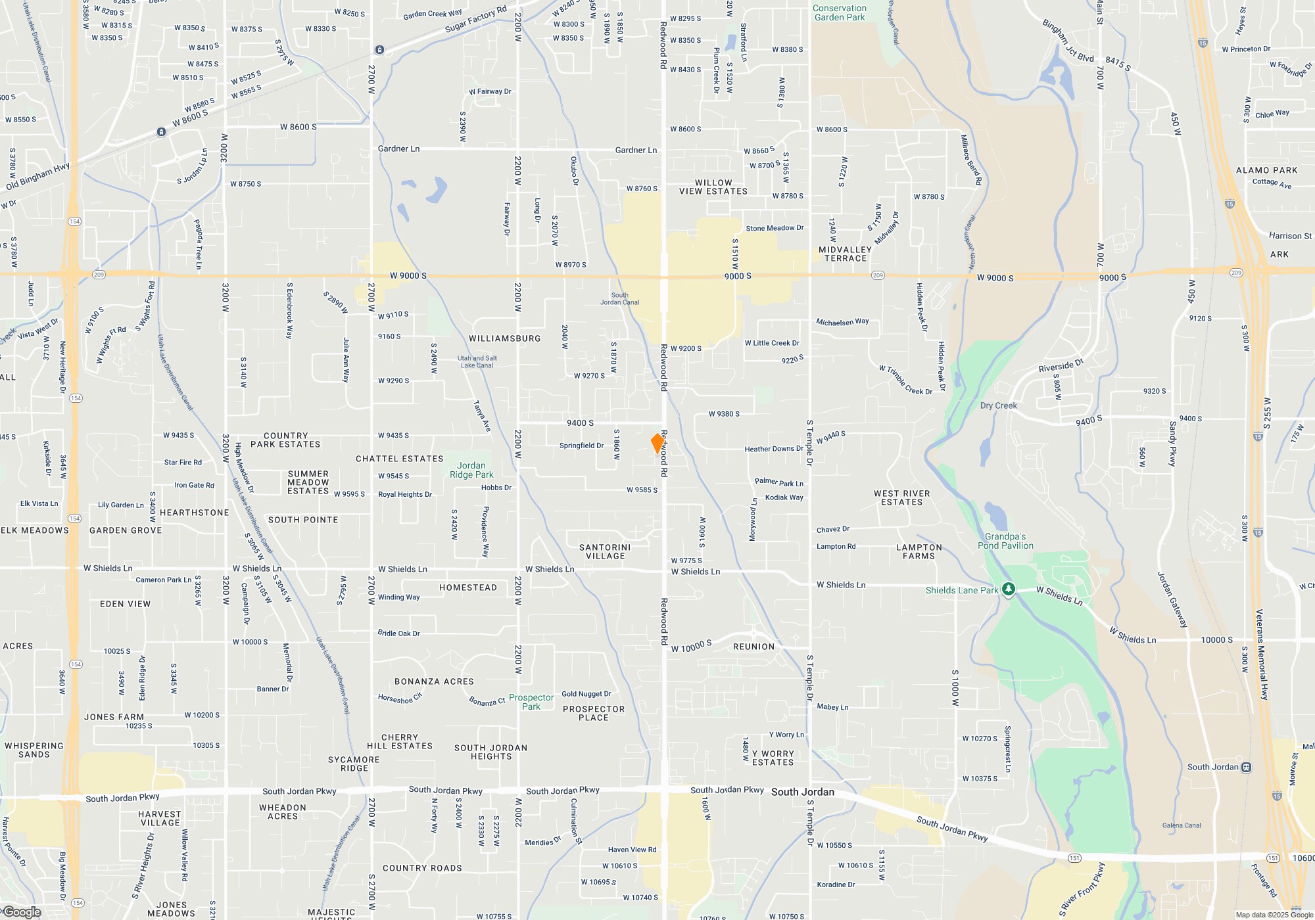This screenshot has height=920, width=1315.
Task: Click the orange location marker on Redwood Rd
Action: [657, 443]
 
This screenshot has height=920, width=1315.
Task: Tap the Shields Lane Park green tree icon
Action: [1008, 589]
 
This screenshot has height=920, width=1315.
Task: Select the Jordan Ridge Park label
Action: [471, 470]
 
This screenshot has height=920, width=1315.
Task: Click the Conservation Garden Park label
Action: [840, 13]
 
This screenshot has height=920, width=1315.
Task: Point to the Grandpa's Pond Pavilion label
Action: [1005, 541]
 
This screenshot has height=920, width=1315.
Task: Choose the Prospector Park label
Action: [531, 702]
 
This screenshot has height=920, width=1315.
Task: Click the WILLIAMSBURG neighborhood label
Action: [505, 338]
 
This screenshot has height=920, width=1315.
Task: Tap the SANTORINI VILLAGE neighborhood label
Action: [605, 551]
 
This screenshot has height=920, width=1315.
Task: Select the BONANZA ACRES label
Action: [434, 681]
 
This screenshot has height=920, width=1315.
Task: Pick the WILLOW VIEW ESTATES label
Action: [713, 187]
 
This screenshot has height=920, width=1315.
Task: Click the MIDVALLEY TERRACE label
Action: [846, 254]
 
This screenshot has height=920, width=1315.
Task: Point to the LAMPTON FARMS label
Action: [919, 551]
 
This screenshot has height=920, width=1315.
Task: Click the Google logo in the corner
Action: [22, 912]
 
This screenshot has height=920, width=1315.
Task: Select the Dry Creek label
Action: [998, 405]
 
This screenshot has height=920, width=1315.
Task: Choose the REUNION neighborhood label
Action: [754, 647]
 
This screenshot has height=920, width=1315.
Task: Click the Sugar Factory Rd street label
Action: [476, 19]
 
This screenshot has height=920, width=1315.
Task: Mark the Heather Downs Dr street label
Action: [774, 449]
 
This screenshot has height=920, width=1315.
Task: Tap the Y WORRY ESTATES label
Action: [773, 758]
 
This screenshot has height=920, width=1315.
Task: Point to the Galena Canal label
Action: [1182, 825]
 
